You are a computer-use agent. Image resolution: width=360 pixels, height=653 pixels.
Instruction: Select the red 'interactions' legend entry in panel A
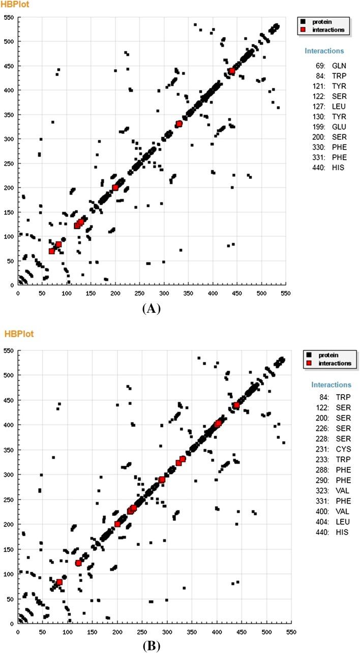324,30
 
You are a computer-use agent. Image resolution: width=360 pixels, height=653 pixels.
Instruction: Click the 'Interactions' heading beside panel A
324,51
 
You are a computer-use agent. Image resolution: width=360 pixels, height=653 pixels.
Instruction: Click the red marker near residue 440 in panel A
232,71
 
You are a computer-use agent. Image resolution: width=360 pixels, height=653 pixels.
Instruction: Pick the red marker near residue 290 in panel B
162,480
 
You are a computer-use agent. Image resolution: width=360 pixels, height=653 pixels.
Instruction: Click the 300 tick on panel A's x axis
164,293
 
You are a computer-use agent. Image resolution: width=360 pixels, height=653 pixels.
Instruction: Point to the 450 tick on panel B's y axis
9,400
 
